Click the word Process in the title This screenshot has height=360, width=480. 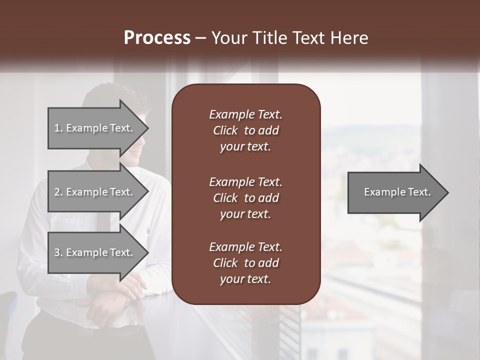click(157, 38)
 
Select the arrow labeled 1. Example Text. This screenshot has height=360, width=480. click(95, 128)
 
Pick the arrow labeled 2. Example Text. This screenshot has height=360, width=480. click(95, 192)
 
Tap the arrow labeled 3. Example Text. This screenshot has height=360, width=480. click(95, 252)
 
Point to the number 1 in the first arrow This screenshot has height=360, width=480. click(57, 128)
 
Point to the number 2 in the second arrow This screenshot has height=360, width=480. click(57, 192)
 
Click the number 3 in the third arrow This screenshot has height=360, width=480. click(57, 252)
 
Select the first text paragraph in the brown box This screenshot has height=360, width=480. click(245, 130)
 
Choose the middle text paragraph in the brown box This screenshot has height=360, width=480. click(245, 198)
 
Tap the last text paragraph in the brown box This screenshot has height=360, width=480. click(245, 263)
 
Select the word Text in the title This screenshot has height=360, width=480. click(309, 38)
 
